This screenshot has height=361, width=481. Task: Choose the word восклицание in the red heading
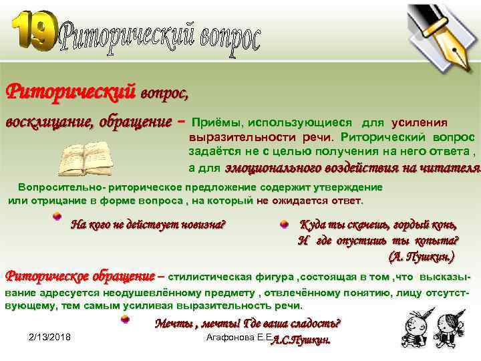pyautogui.click(x=50, y=122)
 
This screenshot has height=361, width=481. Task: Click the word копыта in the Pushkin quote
pyautogui.click(x=437, y=241)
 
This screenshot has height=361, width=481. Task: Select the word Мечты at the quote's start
pyautogui.click(x=172, y=324)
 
